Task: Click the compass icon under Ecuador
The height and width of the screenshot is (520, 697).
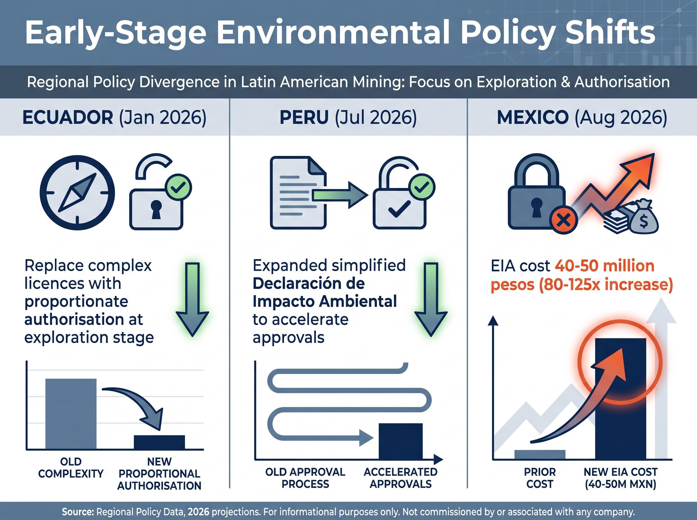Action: [77, 193]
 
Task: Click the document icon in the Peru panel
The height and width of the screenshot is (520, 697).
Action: [298, 193]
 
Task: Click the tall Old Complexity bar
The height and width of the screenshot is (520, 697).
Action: [71, 414]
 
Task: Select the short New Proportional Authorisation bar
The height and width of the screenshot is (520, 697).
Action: [159, 442]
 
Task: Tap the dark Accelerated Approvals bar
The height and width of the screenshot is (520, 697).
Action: [400, 441]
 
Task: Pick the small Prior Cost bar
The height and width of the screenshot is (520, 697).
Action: [540, 454]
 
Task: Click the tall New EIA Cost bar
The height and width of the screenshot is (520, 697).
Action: [620, 399]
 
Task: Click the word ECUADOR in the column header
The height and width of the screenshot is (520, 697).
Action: [68, 118]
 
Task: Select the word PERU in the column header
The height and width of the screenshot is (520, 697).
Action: [304, 118]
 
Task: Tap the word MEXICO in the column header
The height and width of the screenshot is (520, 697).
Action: [533, 118]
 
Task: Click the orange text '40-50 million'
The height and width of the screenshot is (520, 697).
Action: [604, 266]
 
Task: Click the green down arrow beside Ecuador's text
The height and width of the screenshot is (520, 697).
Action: [192, 300]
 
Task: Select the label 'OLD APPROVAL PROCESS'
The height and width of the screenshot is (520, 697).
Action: [305, 478]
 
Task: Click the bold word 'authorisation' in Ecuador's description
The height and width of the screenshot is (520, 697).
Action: [74, 319]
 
